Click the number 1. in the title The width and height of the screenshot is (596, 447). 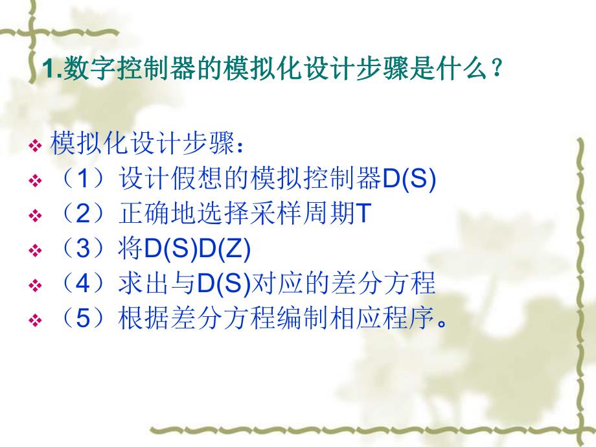coord(50,69)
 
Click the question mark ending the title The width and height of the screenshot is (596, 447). coord(496,69)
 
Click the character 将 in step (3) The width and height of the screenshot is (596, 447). coord(130,250)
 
